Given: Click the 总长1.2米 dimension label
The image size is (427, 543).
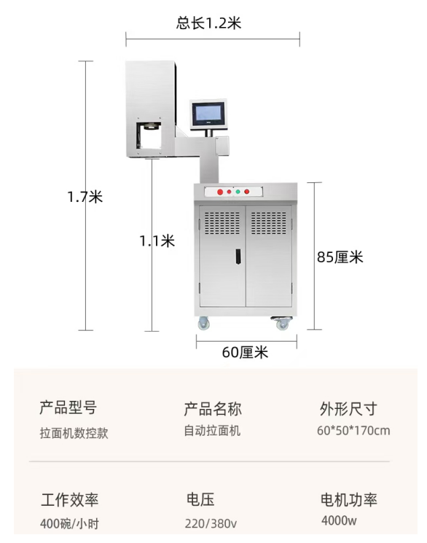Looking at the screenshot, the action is pos(208,23).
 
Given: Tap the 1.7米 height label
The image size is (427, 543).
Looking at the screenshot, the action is pos(85,197).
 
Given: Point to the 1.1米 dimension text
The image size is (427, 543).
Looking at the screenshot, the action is pos(157,241).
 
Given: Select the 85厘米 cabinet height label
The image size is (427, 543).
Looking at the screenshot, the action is pos(340,257).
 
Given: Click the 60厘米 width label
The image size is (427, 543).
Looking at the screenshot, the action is pos(245,352).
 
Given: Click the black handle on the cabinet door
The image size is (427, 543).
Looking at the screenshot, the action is pos(238,257).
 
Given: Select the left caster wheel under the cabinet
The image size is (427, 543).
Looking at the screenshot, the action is pos(203,324).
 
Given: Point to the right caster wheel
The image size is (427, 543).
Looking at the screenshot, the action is pos(282,323).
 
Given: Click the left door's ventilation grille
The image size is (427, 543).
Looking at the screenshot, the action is pos(222,223).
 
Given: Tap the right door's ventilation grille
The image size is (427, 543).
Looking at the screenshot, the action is pos(269,223).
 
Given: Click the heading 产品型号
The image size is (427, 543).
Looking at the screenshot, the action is pos(68,407).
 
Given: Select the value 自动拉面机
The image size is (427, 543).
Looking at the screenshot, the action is pos(212,431).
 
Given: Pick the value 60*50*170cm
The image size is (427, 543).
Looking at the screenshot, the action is pos(353,431).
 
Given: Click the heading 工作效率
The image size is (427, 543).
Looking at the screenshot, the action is pos(70,500).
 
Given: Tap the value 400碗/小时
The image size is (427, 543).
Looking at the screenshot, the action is pos(69,523).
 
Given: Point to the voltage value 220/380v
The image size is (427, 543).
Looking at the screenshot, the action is pos(211,523).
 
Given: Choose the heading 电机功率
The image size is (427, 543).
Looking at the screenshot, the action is pos(349,500).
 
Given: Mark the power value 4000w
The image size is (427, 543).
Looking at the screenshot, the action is pos(339,520).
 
